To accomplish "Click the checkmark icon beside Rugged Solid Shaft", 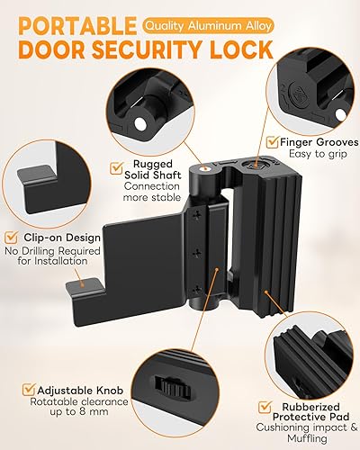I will point(115,166).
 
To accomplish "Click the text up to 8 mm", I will point(64,419).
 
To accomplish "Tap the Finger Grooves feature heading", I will point(316,141).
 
